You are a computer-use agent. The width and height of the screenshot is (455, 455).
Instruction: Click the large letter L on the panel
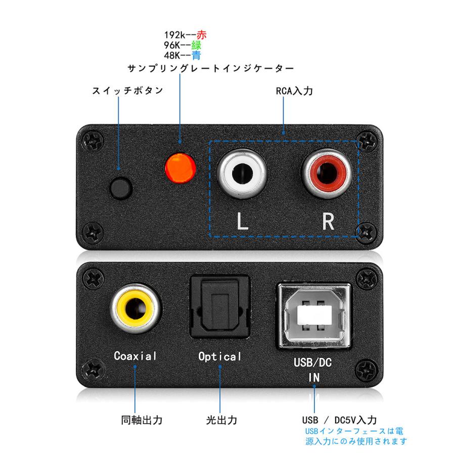[x=243, y=221]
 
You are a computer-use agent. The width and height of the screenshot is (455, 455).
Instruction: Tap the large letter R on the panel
[x=328, y=221]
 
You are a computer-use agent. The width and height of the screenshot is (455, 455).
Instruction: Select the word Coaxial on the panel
[x=135, y=355]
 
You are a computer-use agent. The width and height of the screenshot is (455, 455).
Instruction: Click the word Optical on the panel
[x=220, y=356]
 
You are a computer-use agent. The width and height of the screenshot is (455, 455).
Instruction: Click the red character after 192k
[x=202, y=35]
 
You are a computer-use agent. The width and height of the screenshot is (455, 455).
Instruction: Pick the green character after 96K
[x=197, y=45]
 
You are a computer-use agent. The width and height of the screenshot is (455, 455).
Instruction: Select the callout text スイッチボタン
[x=120, y=91]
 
